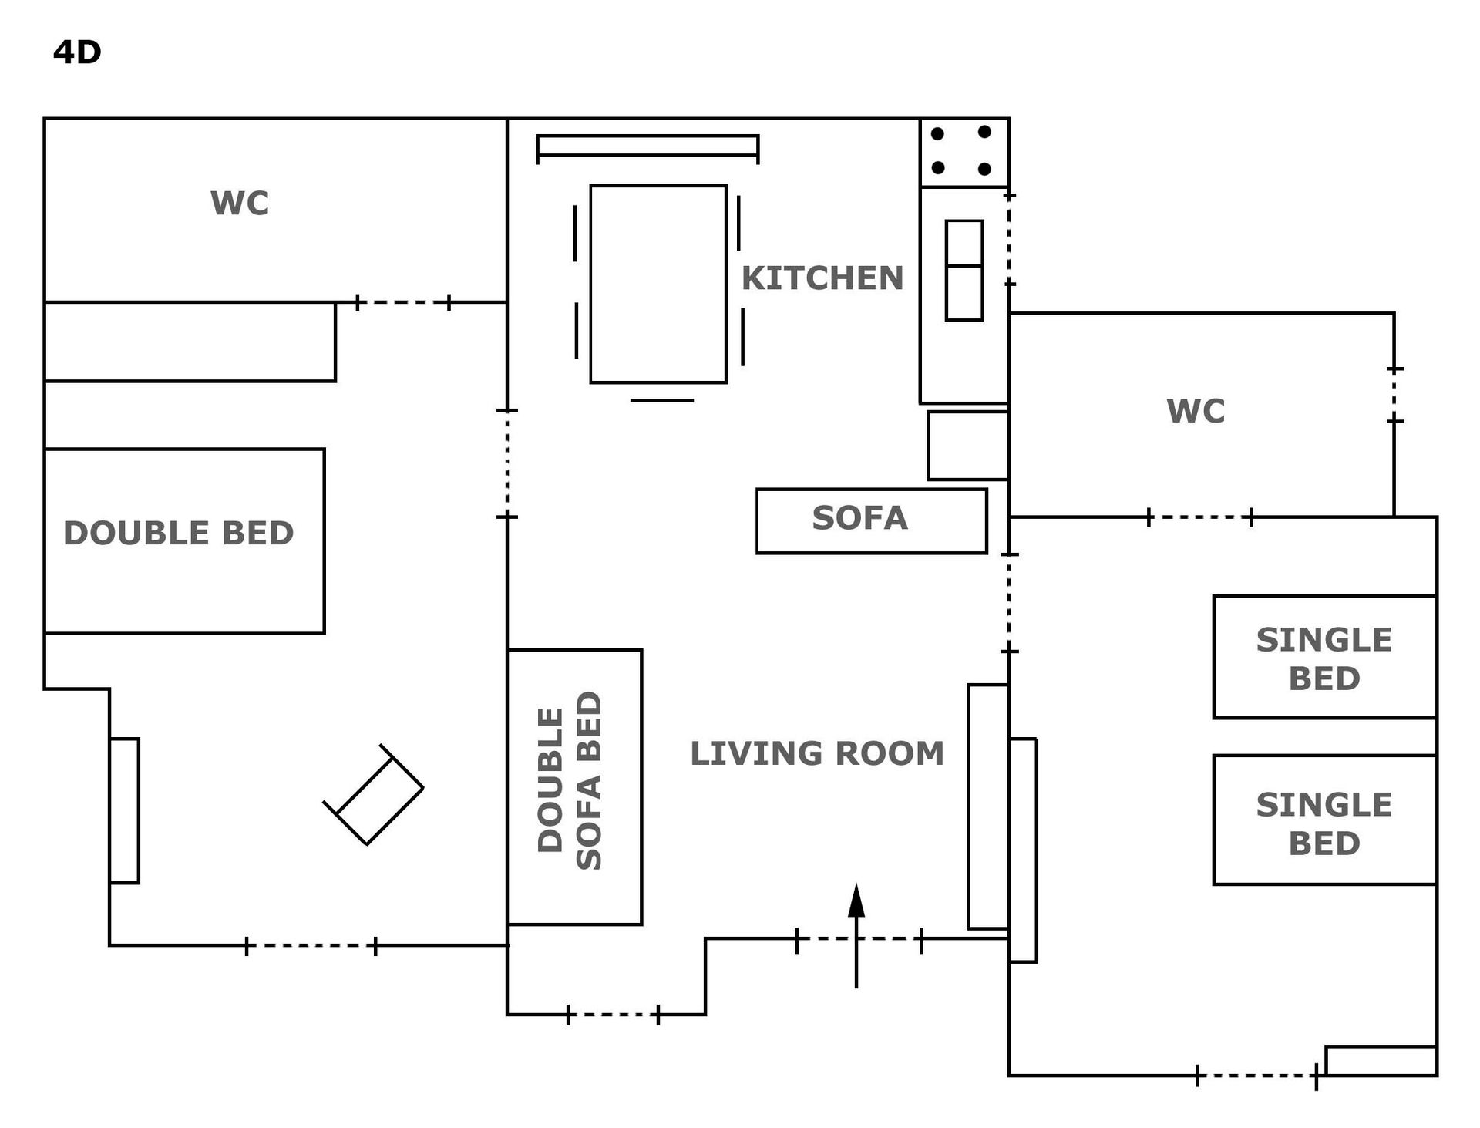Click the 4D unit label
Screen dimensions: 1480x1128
[x=77, y=52]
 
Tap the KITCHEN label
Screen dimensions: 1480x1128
[x=822, y=278]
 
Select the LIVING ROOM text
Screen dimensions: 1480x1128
[x=817, y=753]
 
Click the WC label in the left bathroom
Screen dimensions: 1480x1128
[x=240, y=204]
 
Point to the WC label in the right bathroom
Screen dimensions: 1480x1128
[x=1196, y=411]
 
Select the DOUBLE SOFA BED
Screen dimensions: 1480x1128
[x=574, y=786]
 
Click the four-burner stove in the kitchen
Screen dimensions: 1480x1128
[x=964, y=152]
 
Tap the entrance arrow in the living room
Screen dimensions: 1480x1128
[x=856, y=935]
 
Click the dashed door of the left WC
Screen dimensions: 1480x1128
[x=403, y=302]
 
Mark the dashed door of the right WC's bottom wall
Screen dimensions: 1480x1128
[x=1199, y=517]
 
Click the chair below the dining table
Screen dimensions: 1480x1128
[x=662, y=400]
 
